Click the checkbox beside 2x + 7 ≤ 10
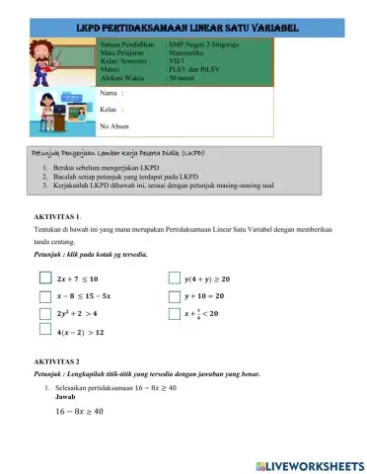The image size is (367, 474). [x=45, y=278]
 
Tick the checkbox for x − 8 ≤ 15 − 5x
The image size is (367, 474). [x=45, y=295]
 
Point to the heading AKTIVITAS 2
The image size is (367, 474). [x=56, y=362]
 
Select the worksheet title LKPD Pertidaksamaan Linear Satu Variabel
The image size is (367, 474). [x=183, y=31]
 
